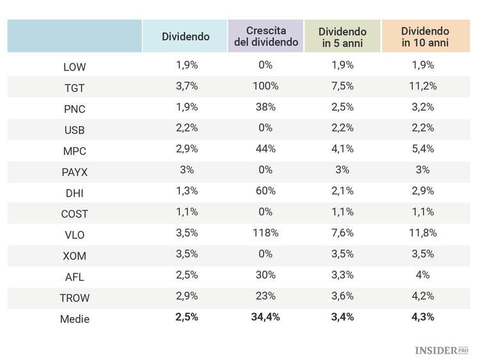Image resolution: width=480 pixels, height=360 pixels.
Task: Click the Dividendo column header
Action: (186, 37)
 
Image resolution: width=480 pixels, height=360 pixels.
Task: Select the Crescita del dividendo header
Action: (266, 37)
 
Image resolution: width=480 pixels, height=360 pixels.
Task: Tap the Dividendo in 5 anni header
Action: (342, 37)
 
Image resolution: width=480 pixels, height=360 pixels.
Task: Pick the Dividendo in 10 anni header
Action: (425, 37)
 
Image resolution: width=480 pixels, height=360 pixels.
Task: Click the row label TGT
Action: (74, 87)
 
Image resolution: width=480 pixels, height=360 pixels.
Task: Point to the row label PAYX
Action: (74, 172)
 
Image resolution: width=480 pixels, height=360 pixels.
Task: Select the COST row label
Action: (74, 214)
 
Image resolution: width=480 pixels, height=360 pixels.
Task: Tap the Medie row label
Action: (74, 319)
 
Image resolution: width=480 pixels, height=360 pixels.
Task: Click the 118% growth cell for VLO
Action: (266, 234)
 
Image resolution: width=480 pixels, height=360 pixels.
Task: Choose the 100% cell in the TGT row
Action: (266, 86)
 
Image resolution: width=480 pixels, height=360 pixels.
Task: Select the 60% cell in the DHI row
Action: (266, 192)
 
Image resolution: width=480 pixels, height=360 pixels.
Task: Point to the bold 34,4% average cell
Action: (266, 318)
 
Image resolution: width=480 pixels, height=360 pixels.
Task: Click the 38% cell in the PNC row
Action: (266, 108)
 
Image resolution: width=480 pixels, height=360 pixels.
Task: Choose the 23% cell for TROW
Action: (266, 297)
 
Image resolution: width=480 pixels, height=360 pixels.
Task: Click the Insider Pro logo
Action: (442, 350)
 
